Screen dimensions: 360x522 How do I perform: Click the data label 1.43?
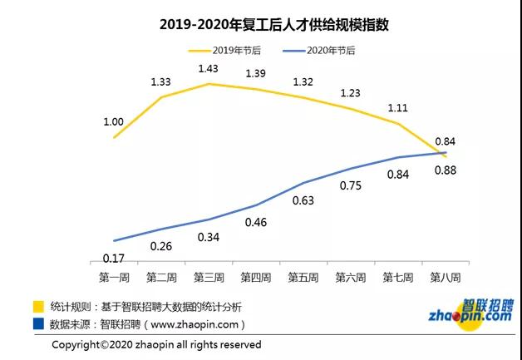(208, 67)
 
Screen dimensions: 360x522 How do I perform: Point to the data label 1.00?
(114, 122)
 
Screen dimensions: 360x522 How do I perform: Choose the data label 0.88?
(446, 171)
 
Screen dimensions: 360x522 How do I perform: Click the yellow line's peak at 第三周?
(209, 84)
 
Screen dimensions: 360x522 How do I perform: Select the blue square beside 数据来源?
(38, 323)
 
